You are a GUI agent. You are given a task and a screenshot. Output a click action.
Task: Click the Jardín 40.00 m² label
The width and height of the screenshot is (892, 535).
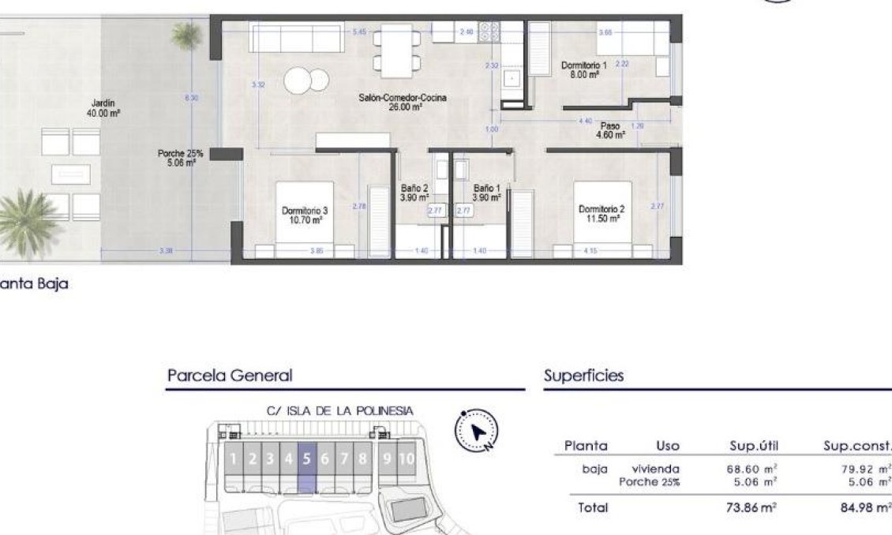(103, 108)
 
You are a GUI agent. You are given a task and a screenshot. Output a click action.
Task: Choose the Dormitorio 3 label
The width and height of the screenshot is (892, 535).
(304, 215)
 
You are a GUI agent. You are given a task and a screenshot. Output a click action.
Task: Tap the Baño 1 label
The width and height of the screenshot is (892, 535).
(487, 193)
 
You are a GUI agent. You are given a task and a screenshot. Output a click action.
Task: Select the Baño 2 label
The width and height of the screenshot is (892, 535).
(414, 193)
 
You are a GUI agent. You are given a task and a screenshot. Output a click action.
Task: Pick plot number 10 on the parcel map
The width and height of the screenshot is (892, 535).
(406, 458)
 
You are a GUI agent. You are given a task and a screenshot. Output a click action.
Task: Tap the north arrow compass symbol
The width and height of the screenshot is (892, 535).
(477, 432)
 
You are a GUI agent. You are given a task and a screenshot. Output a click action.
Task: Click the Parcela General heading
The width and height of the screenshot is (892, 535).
(229, 376)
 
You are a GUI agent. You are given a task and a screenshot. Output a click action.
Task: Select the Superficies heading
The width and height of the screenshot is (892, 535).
(583, 376)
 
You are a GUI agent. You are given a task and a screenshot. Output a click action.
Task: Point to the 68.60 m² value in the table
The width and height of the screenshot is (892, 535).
(751, 469)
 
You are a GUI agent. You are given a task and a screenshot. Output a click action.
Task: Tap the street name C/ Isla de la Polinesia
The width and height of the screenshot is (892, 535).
(339, 410)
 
